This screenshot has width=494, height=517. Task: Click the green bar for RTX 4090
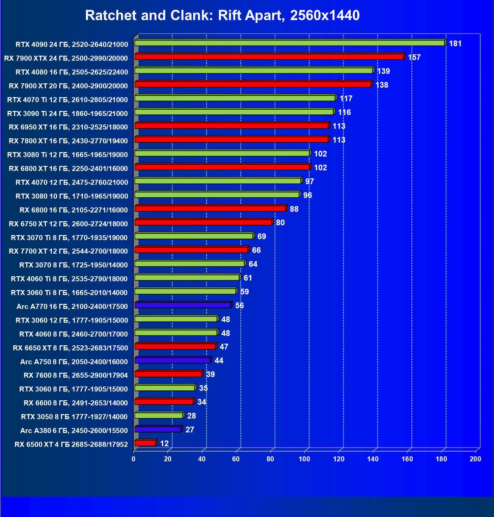pyautogui.click(x=290, y=43)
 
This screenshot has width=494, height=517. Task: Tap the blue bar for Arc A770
pyautogui.click(x=183, y=305)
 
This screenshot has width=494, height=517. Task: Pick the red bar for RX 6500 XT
pyautogui.click(x=145, y=443)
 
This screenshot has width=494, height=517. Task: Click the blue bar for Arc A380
pyautogui.click(x=158, y=429)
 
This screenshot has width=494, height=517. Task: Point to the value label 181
pyautogui.click(x=455, y=44)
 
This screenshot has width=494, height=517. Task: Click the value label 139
pyautogui.click(x=383, y=71)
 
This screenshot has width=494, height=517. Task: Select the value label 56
pyautogui.click(x=240, y=306)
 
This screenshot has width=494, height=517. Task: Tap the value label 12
pyautogui.click(x=164, y=443)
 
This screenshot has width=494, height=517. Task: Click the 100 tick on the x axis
pyautogui.click(x=304, y=459)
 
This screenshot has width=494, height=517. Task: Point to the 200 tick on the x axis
pyautogui.click(x=475, y=459)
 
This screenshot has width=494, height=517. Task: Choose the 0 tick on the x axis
pyautogui.click(x=134, y=459)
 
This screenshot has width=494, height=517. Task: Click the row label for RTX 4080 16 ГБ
pyautogui.click(x=72, y=72)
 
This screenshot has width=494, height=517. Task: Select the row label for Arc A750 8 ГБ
pyautogui.click(x=74, y=362)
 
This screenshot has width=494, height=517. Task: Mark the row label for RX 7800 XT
pyautogui.click(x=68, y=141)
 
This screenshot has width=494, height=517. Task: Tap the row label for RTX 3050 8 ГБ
pyautogui.click(x=74, y=417)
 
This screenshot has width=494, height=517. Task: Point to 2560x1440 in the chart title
pyautogui.click(x=325, y=16)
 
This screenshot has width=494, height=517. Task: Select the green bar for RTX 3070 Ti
pyautogui.click(x=194, y=236)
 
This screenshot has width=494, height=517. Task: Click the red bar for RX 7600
pyautogui.click(x=168, y=374)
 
